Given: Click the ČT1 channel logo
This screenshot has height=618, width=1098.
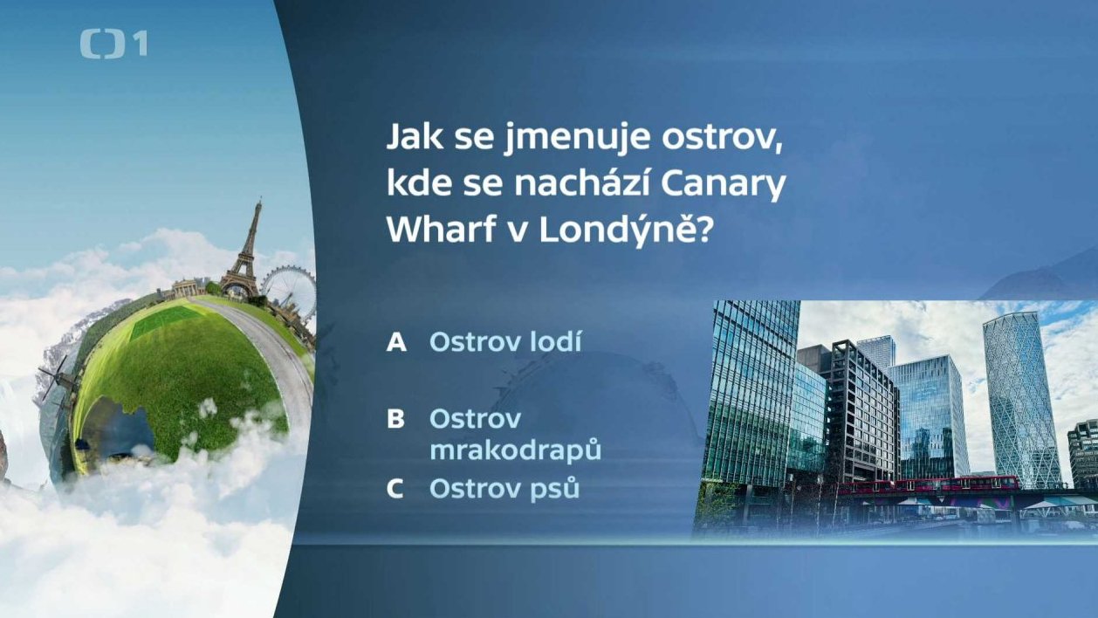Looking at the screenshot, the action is coord(113,45).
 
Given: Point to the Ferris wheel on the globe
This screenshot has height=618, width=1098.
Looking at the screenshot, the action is coord(289,292).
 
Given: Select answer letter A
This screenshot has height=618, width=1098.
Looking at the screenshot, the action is coord(396,342).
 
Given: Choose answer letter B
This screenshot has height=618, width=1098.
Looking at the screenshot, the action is coord(395,419).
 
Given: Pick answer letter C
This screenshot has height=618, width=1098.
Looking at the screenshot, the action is coord(395,489).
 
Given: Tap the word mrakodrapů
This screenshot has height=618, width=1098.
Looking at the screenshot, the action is coord(515,450).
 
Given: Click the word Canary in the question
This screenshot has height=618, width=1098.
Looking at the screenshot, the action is coord(724,185).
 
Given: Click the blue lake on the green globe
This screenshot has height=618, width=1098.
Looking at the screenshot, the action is coord(118,425).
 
